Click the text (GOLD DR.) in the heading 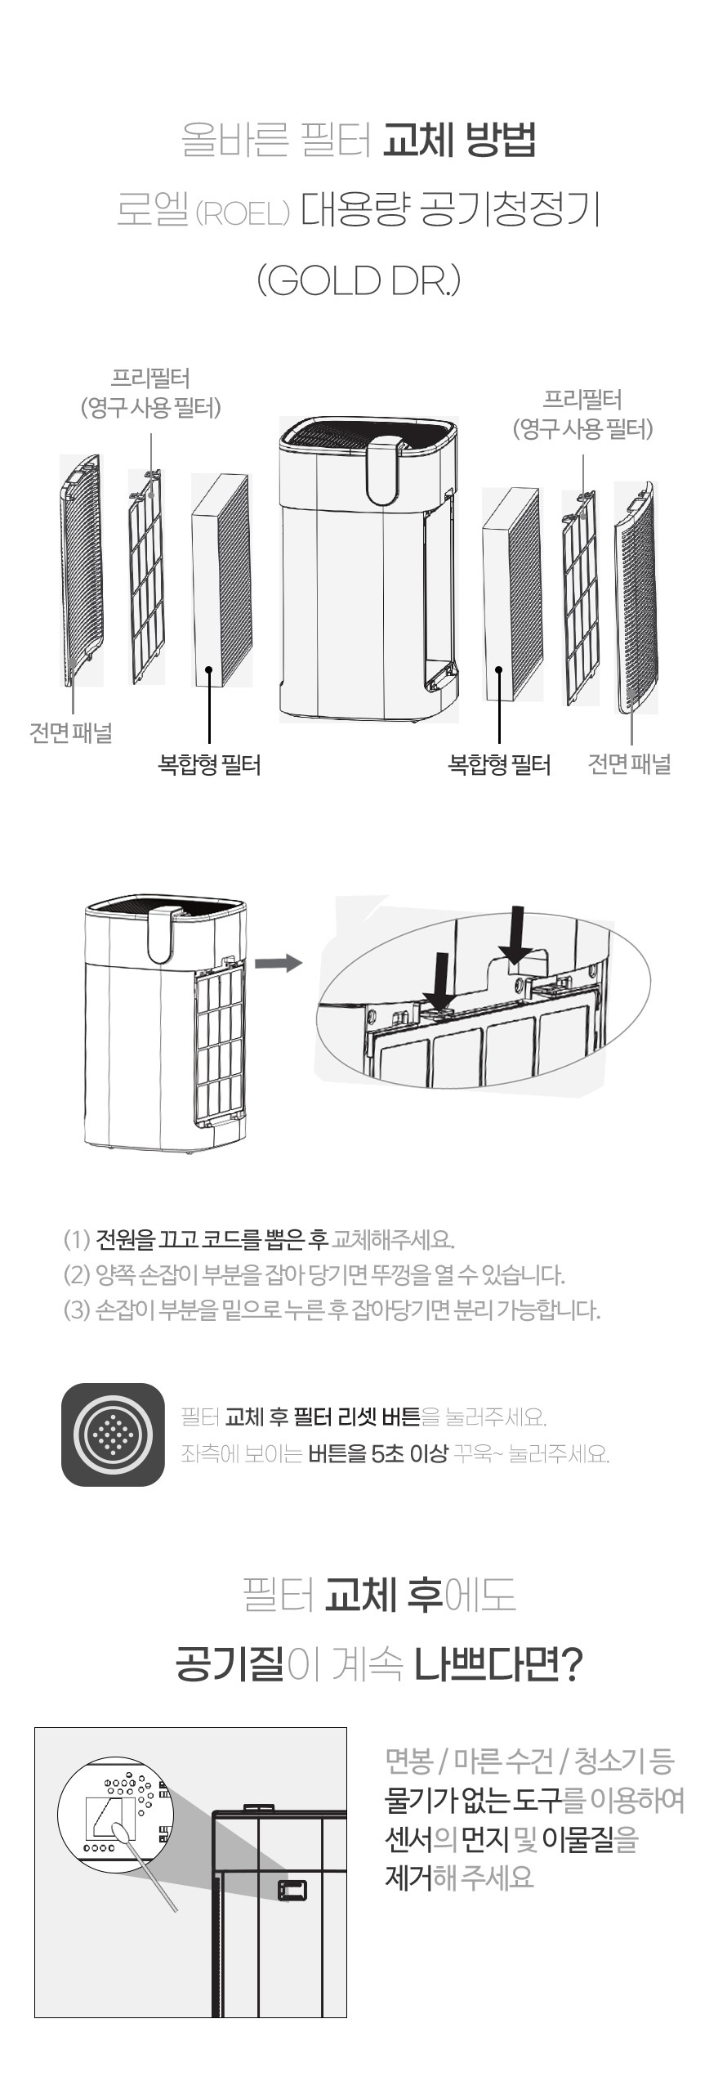point(359,281)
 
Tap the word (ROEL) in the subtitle point(243,215)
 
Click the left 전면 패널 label point(71,732)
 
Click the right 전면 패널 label point(629,764)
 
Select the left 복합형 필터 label point(209,765)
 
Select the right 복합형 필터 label point(499,765)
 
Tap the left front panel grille point(80,564)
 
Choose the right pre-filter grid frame point(580,597)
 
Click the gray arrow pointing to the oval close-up point(279,963)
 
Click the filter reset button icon point(113,1434)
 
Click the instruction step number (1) point(77,1239)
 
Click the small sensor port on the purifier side point(292,1889)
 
